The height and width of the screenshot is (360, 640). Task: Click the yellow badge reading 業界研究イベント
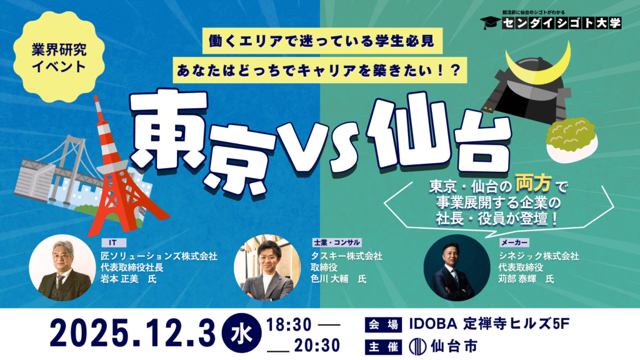(59, 57)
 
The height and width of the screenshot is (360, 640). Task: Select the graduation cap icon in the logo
(490, 22)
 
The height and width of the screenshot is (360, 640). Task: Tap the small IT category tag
(113, 242)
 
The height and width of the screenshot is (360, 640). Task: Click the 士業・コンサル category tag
(336, 242)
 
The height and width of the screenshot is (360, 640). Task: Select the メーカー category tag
(514, 242)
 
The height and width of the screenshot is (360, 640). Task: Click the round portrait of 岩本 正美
(62, 267)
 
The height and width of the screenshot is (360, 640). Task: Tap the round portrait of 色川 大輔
(267, 267)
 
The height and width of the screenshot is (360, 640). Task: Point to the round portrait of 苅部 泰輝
(457, 267)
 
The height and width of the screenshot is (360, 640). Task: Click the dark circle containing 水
(242, 333)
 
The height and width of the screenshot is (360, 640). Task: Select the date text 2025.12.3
(132, 333)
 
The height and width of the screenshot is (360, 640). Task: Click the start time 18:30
(289, 325)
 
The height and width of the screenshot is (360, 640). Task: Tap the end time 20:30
(317, 345)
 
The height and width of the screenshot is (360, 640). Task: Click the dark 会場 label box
(383, 325)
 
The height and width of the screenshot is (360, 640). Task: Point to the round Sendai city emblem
(418, 347)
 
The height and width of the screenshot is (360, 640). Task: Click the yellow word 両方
(534, 183)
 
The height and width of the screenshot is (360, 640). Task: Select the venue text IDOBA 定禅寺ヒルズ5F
(489, 324)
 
